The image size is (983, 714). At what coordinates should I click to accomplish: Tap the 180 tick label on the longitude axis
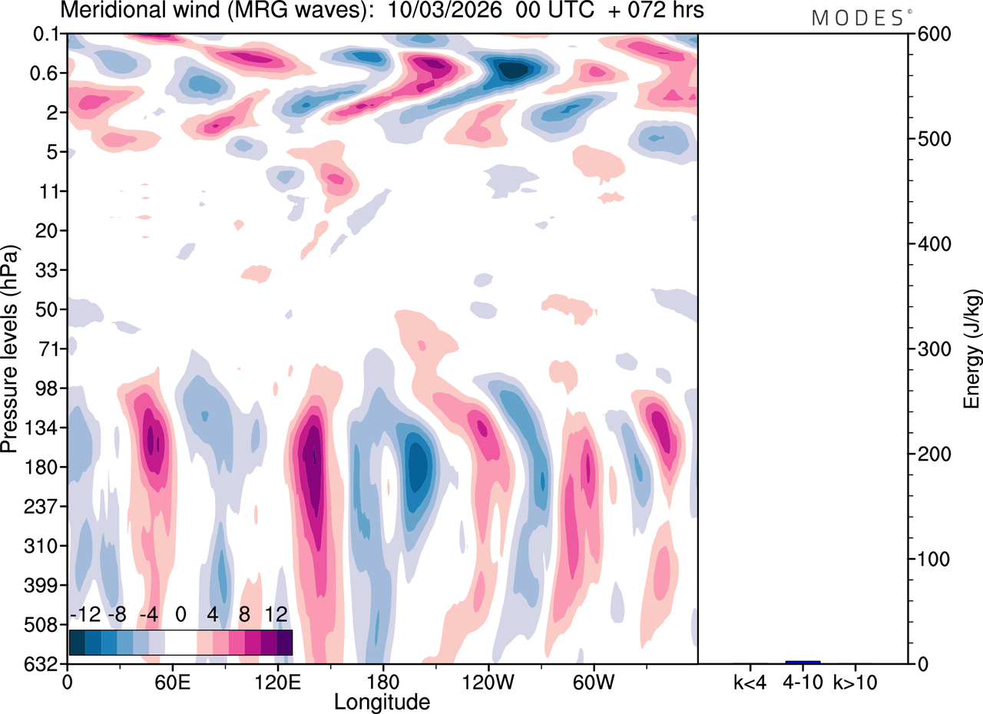382,680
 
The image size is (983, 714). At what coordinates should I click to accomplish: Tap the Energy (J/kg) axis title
972,349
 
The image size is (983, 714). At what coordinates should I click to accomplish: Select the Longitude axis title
382,701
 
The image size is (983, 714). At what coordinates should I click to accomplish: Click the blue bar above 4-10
803,662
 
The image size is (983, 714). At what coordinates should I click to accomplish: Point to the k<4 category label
750,681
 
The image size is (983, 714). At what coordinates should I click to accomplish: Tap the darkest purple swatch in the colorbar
284,642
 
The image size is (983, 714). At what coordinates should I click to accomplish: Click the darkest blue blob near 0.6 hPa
513,70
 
